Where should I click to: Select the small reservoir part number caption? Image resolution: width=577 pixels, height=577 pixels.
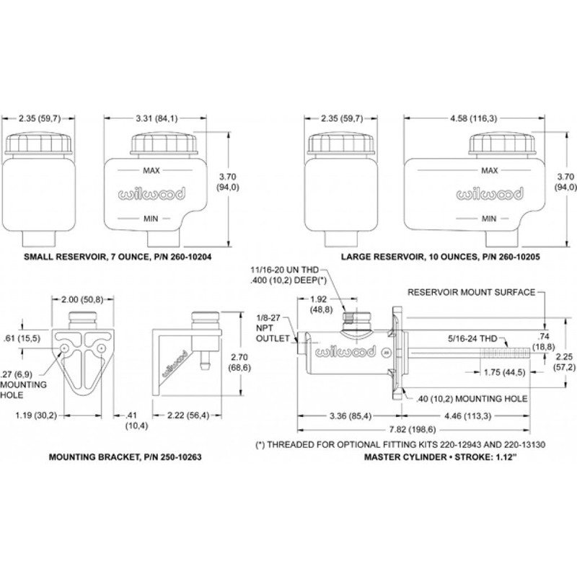(118, 257)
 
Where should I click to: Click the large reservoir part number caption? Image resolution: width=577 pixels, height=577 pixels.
(441, 257)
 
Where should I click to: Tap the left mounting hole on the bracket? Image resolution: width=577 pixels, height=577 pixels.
(64, 348)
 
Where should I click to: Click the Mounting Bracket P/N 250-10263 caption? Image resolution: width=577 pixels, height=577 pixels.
(125, 457)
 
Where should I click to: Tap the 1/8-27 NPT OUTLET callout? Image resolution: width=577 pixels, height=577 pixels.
(273, 328)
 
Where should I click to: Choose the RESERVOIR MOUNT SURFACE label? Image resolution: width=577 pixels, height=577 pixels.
(472, 292)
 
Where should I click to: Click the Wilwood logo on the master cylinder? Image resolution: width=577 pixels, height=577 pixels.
(345, 352)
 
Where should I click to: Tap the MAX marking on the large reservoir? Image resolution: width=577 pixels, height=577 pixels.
(490, 170)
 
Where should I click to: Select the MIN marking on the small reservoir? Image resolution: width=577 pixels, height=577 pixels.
(151, 219)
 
